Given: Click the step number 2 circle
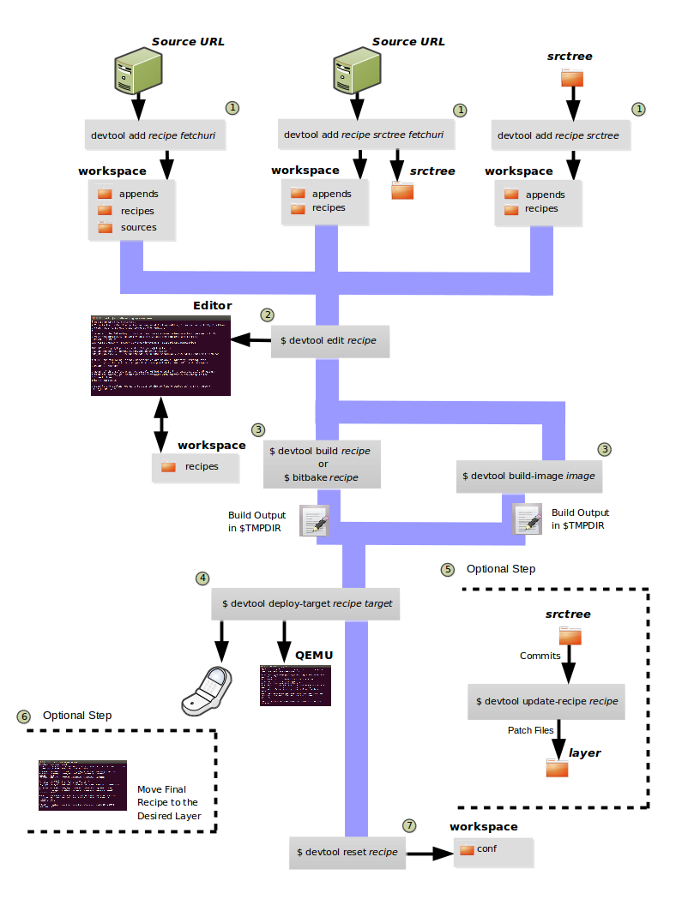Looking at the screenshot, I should [269, 315].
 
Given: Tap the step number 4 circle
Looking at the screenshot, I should [202, 578].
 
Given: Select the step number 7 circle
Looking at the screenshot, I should [410, 825].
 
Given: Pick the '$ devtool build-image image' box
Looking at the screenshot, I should [528, 475].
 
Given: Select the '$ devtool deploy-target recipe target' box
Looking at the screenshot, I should [307, 603].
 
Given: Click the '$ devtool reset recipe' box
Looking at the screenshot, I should [347, 852].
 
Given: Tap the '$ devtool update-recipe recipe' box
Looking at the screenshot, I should [546, 701].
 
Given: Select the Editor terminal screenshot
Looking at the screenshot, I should [160, 356].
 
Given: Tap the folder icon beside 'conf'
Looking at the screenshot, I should [467, 850].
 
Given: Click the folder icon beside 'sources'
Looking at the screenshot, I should [106, 227].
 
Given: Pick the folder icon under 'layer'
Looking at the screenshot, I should [557, 768].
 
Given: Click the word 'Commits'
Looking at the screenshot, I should [540, 656].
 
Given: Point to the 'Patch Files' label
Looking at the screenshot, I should [531, 730].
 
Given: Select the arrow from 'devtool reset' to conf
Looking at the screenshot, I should [431, 854].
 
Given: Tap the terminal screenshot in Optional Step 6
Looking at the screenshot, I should [82, 785].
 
